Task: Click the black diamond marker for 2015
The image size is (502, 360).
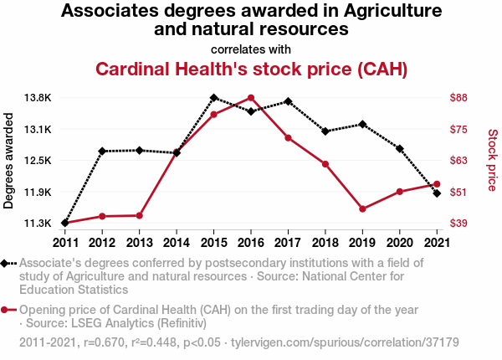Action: click(214, 98)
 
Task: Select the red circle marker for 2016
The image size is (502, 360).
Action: click(251, 98)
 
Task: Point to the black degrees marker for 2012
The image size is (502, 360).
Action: click(102, 152)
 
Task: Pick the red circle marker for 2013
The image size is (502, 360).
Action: click(139, 215)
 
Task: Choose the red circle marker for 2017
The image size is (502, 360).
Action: click(288, 137)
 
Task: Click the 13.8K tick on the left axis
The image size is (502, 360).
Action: click(38, 98)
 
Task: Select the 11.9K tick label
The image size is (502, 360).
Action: click(38, 192)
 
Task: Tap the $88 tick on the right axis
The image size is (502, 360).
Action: click(458, 98)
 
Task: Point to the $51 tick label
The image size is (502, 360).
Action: click(458, 192)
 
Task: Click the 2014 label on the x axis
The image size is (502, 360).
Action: click(177, 243)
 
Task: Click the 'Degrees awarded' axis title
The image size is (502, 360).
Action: click(9, 160)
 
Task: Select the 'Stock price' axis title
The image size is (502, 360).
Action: click(492, 160)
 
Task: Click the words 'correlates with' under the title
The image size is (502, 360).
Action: click(251, 48)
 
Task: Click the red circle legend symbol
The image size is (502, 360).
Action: click(8, 310)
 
